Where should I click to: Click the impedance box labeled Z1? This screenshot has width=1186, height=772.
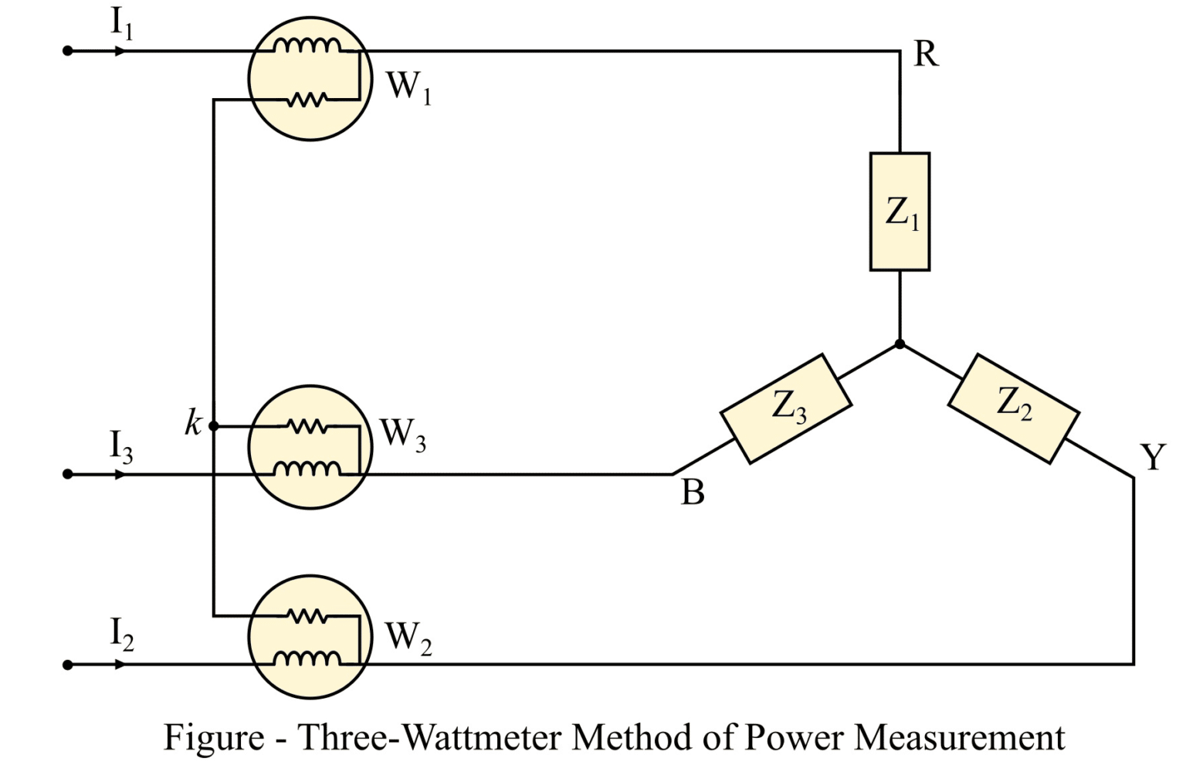click(x=900, y=212)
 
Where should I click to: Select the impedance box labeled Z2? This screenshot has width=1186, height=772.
click(x=1013, y=408)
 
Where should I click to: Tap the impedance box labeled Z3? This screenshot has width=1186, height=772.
click(x=786, y=408)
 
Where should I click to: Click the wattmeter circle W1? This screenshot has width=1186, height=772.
click(x=310, y=78)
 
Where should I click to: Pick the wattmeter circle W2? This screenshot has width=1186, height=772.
click(x=310, y=637)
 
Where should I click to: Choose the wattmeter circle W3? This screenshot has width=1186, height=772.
click(x=310, y=447)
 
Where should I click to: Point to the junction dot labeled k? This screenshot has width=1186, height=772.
click(x=214, y=425)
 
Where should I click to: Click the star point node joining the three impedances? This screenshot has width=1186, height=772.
click(x=900, y=344)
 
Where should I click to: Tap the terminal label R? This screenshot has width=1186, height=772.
click(x=926, y=55)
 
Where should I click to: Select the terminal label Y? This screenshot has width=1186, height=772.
click(x=1152, y=458)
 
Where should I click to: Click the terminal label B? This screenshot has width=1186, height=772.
click(x=693, y=493)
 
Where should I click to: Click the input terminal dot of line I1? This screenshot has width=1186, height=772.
click(x=68, y=51)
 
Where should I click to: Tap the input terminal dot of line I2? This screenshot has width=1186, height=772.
click(x=68, y=664)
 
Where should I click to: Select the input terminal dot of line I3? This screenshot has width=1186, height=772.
click(x=68, y=473)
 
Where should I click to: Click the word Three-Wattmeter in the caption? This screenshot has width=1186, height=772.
click(x=429, y=737)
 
